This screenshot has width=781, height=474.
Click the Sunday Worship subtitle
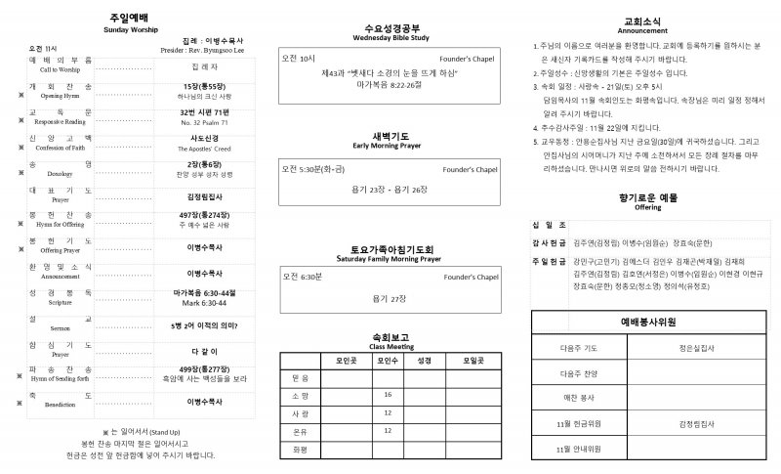131,30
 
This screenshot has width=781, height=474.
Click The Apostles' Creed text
204,149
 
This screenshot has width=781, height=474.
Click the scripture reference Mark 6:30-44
204,303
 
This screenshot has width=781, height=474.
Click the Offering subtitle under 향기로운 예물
648,207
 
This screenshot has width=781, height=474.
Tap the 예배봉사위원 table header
648,322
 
